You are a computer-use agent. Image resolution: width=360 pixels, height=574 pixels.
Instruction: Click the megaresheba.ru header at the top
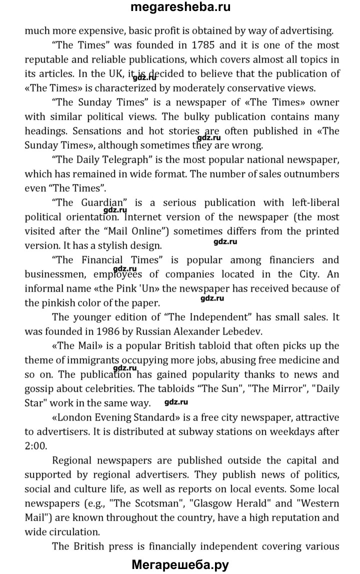180,8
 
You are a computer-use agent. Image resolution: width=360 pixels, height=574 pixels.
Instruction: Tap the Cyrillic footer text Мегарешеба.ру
180,565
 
